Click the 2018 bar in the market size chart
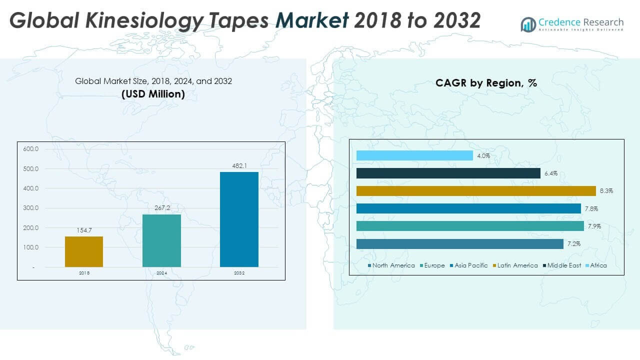84,251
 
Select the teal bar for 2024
161,240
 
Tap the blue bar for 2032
239,219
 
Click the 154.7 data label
84,230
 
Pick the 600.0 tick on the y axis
30,149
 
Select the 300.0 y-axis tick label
30,208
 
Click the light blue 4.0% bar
414,156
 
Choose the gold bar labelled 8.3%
476,191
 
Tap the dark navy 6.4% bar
448,173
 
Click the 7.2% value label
573,244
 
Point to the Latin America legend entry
517,265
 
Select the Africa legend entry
598,265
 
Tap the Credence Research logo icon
528,24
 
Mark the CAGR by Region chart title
486,83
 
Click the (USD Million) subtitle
153,93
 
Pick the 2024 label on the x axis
161,273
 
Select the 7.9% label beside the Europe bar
594,226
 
